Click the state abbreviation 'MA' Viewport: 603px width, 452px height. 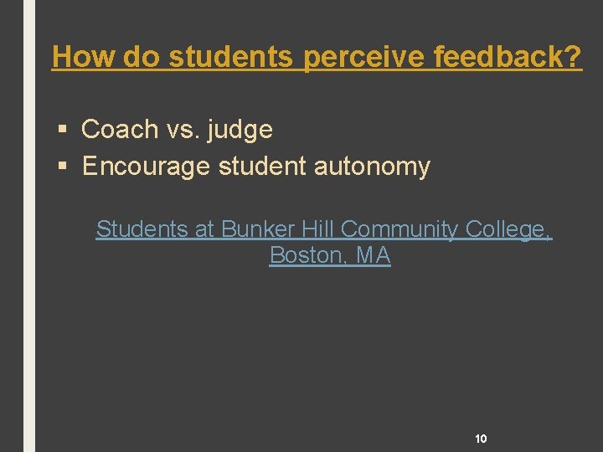[x=374, y=256]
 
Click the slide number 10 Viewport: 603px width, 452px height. [x=481, y=438]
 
